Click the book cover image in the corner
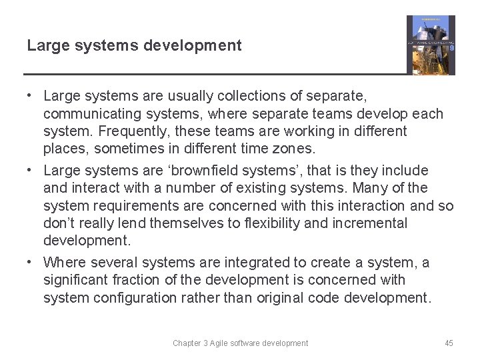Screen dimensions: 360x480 (431, 45)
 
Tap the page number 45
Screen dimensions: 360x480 (449, 343)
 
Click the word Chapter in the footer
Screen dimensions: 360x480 (187, 343)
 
